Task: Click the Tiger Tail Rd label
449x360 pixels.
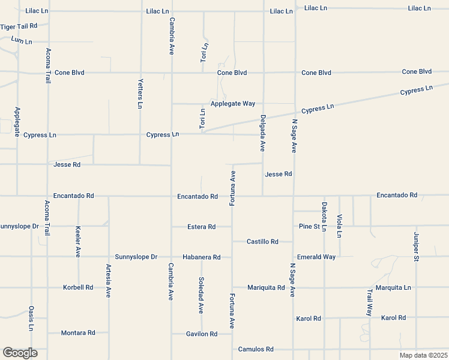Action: click(19, 26)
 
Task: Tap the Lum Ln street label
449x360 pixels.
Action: click(21, 41)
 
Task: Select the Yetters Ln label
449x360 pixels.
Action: click(140, 94)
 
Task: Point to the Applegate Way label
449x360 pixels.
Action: click(232, 104)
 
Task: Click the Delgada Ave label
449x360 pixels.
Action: click(263, 133)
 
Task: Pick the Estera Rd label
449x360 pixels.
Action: click(201, 227)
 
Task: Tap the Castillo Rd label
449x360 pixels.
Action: click(262, 242)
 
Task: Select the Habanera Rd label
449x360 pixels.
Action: click(202, 257)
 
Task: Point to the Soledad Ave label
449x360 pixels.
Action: click(201, 295)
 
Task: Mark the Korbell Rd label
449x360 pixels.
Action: click(78, 287)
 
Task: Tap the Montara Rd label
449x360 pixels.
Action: click(78, 332)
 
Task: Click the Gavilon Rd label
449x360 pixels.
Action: click(202, 334)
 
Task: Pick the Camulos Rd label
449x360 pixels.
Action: click(256, 349)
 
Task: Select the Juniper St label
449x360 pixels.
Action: click(415, 247)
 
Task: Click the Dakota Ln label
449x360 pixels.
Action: click(324, 217)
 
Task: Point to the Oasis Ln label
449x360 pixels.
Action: click(31, 318)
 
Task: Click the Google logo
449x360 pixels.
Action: click(20, 353)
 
